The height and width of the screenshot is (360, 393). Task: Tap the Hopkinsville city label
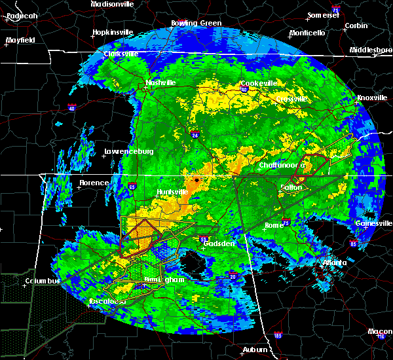pos(112,31)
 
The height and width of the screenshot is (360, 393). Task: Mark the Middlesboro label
pos(371,50)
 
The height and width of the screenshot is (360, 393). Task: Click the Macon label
pos(381,331)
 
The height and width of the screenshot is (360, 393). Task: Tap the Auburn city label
pos(256,350)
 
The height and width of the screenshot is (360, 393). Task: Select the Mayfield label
pos(20,40)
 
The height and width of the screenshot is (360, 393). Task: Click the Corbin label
pos(356,26)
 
